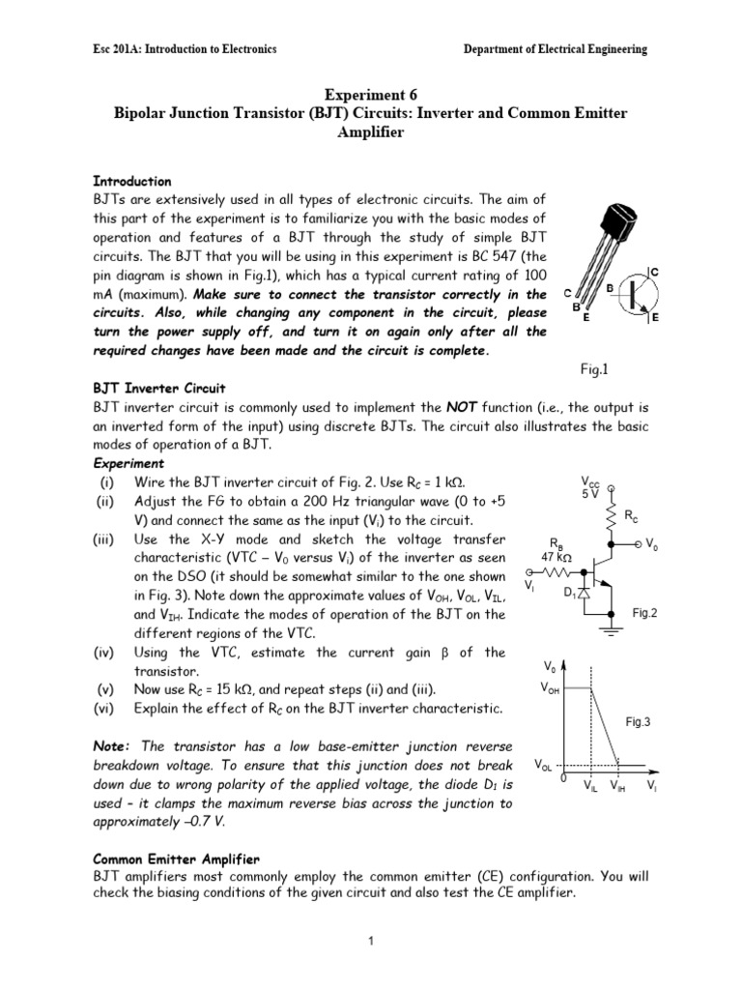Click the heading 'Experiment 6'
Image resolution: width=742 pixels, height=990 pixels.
pos(370,96)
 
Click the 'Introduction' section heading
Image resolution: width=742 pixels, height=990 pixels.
pos(131,181)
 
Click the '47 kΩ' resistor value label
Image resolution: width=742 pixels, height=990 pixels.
pos(556,558)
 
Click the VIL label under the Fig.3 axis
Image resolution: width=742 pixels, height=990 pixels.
pos(590,788)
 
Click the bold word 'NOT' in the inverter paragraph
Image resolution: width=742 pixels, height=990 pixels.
pos(462,407)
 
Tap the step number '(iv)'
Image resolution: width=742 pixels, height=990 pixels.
pos(105,653)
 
